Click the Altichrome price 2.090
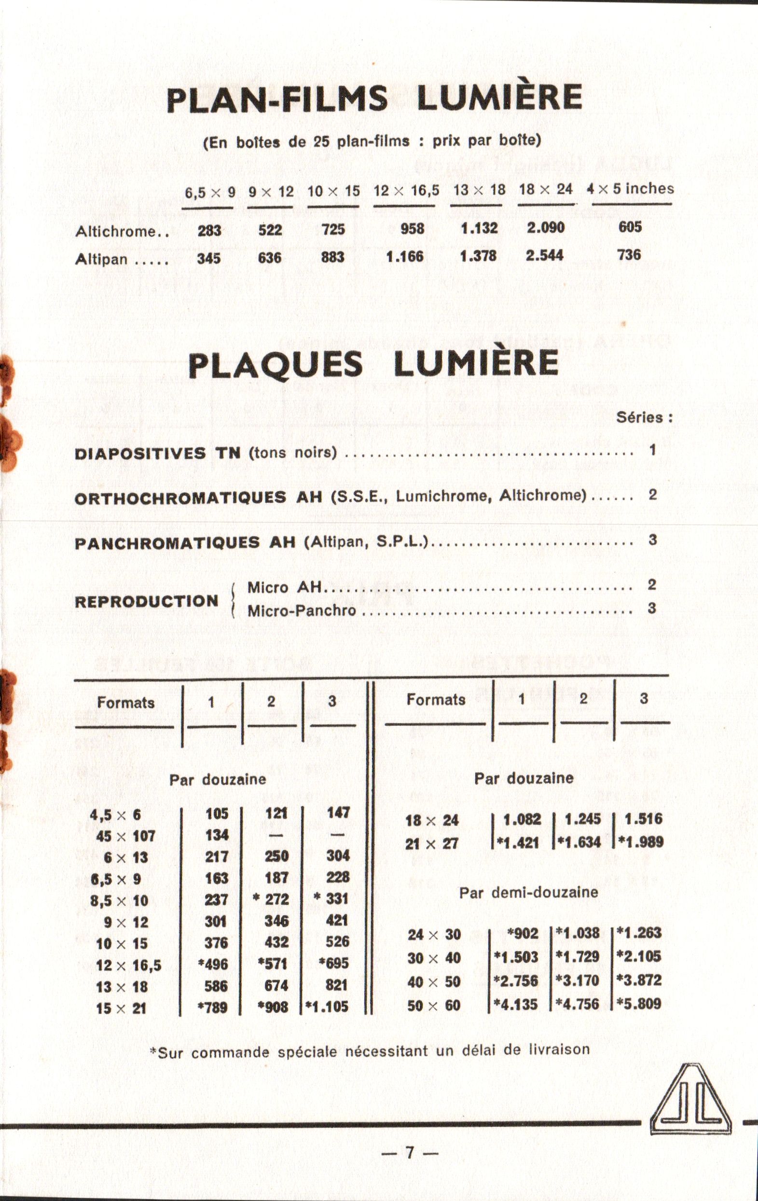click(x=546, y=228)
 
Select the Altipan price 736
click(x=629, y=255)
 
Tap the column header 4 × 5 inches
click(x=630, y=189)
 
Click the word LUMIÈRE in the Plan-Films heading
click(x=499, y=97)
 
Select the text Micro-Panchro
click(x=302, y=610)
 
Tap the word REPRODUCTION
click(x=147, y=601)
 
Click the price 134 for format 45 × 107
click(x=217, y=835)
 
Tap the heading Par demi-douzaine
click(x=528, y=892)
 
